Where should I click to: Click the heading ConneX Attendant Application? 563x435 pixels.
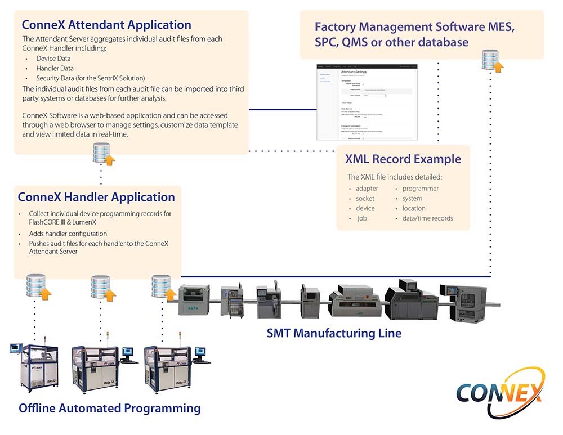click(x=106, y=25)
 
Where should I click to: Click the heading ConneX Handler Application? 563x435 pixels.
click(x=96, y=197)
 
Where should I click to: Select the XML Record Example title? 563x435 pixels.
click(x=403, y=159)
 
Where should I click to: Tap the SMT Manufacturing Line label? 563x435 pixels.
click(x=334, y=333)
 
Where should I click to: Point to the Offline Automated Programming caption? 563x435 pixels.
click(x=110, y=408)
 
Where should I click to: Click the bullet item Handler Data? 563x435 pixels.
click(x=55, y=68)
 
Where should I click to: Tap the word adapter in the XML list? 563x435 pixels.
click(x=367, y=189)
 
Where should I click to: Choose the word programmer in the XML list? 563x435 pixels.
click(x=420, y=189)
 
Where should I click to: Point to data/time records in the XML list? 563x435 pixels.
click(x=427, y=218)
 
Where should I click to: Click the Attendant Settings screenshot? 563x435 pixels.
click(x=367, y=102)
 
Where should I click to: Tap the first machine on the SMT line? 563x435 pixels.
click(x=194, y=300)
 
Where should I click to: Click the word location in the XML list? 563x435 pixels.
click(x=413, y=208)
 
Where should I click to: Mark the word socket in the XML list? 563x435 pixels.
click(x=365, y=199)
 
